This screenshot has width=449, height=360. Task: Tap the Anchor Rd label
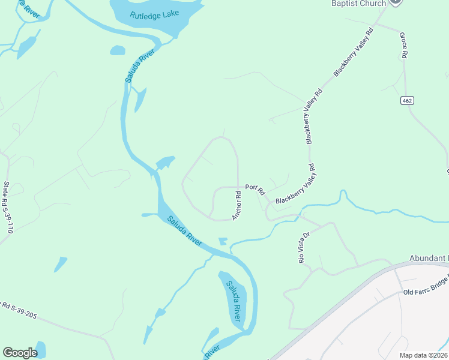(x=237, y=205)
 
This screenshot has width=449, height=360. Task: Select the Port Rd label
(x=255, y=190)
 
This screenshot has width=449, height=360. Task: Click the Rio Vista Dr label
(x=303, y=248)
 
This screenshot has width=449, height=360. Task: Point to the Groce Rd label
(x=403, y=46)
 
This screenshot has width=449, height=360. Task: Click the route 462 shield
(x=408, y=100)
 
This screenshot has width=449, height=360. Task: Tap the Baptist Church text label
(x=358, y=4)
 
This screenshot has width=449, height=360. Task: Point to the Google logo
(x=20, y=353)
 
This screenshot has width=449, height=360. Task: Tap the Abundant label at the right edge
(x=429, y=258)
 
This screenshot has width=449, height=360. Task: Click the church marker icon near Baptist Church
(x=395, y=2)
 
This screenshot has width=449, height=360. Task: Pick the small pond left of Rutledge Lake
(x=118, y=50)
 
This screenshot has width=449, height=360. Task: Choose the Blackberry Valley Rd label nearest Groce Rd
(x=353, y=52)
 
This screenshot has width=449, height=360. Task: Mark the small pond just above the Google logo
(x=40, y=348)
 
